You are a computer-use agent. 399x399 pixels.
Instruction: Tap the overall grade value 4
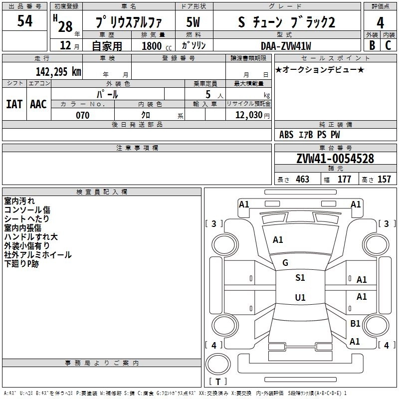coord(380,22)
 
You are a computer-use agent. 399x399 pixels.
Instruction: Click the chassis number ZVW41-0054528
coord(335,159)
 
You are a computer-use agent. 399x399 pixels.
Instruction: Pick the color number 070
coord(82,115)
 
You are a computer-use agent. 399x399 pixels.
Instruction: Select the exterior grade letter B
coord(372,45)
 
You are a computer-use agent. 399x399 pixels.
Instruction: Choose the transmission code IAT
coord(14,104)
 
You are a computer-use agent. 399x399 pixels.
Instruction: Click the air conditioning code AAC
coord(38,104)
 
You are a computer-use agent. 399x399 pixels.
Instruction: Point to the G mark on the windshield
coord(285,263)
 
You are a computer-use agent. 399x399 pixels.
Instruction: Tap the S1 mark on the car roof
coord(300,278)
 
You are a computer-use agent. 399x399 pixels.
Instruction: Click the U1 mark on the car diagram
coord(300,298)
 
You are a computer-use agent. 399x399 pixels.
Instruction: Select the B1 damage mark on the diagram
coord(355,324)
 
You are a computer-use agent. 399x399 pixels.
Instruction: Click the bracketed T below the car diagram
coord(218,382)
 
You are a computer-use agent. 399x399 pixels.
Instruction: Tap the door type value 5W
coord(193,22)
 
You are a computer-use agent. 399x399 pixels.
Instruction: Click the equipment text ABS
coord(286,135)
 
